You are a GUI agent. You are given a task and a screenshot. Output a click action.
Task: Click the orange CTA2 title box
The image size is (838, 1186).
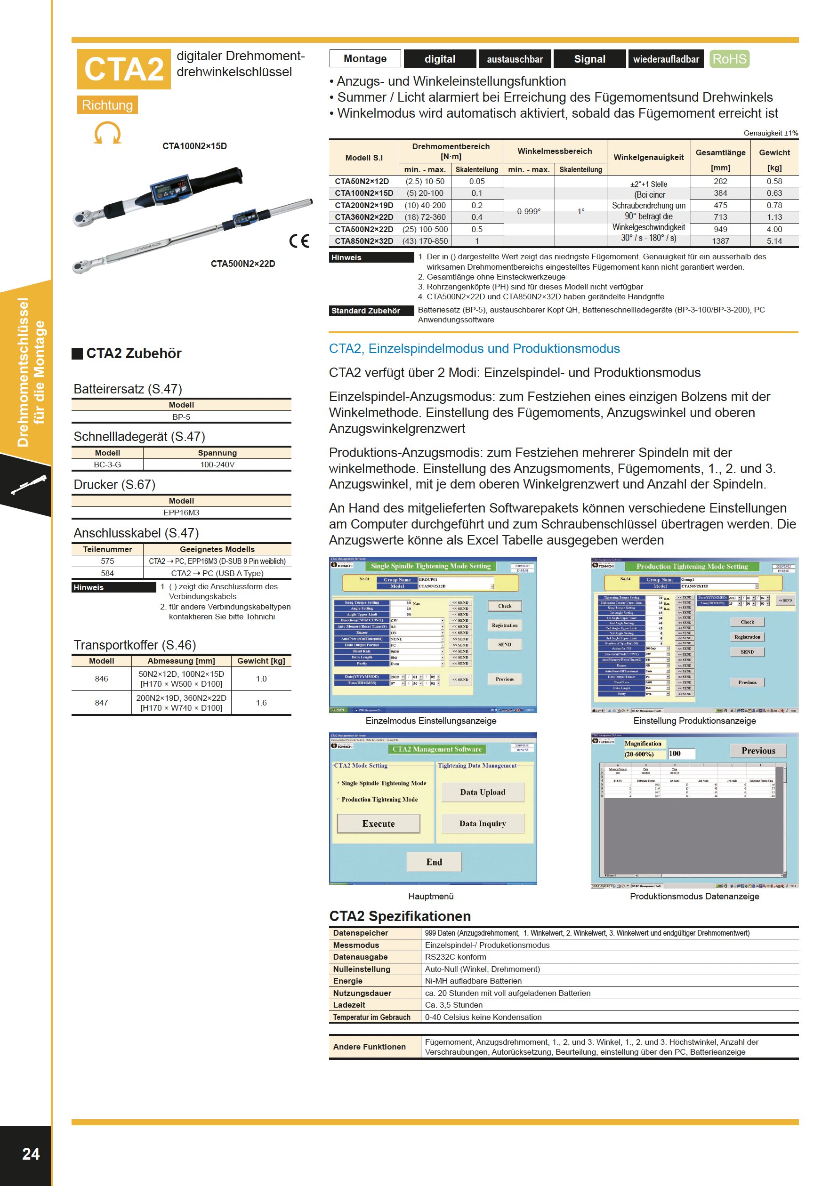123,69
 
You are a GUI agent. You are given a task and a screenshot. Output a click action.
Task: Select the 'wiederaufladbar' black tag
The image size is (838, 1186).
666,59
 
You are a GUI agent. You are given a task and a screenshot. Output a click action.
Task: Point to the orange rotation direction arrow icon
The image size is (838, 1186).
107,133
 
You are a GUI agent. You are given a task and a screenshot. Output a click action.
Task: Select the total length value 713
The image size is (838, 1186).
720,217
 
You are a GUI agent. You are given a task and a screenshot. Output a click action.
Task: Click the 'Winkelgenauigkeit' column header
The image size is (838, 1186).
648,158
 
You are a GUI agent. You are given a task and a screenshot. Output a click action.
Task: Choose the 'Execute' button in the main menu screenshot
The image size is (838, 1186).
378,824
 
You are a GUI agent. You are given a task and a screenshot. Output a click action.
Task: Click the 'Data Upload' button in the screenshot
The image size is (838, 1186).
483,792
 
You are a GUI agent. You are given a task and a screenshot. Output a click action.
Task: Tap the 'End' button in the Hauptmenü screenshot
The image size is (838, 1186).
434,862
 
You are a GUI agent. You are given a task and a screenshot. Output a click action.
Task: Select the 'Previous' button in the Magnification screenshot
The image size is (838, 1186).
758,751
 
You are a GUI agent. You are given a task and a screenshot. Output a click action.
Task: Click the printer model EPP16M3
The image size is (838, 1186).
181,513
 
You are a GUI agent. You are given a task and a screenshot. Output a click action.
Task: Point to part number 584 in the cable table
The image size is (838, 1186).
107,573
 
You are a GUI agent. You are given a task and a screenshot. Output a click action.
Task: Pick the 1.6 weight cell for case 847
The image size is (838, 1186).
261,703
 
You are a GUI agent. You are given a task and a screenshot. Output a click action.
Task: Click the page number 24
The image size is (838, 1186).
31,1154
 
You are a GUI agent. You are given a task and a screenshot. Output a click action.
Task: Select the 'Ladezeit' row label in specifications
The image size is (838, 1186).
349,1005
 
